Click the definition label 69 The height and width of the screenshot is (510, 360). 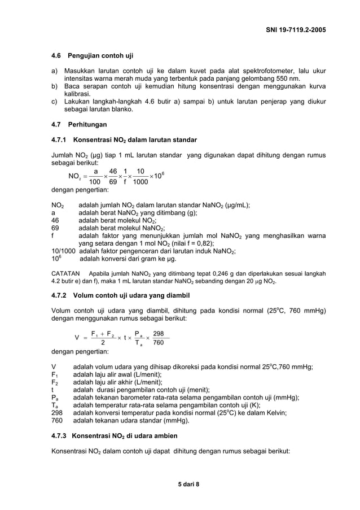coord(55,228)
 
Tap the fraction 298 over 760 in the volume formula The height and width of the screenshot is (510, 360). coord(159,338)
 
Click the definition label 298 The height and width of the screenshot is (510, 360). coord(58,412)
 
